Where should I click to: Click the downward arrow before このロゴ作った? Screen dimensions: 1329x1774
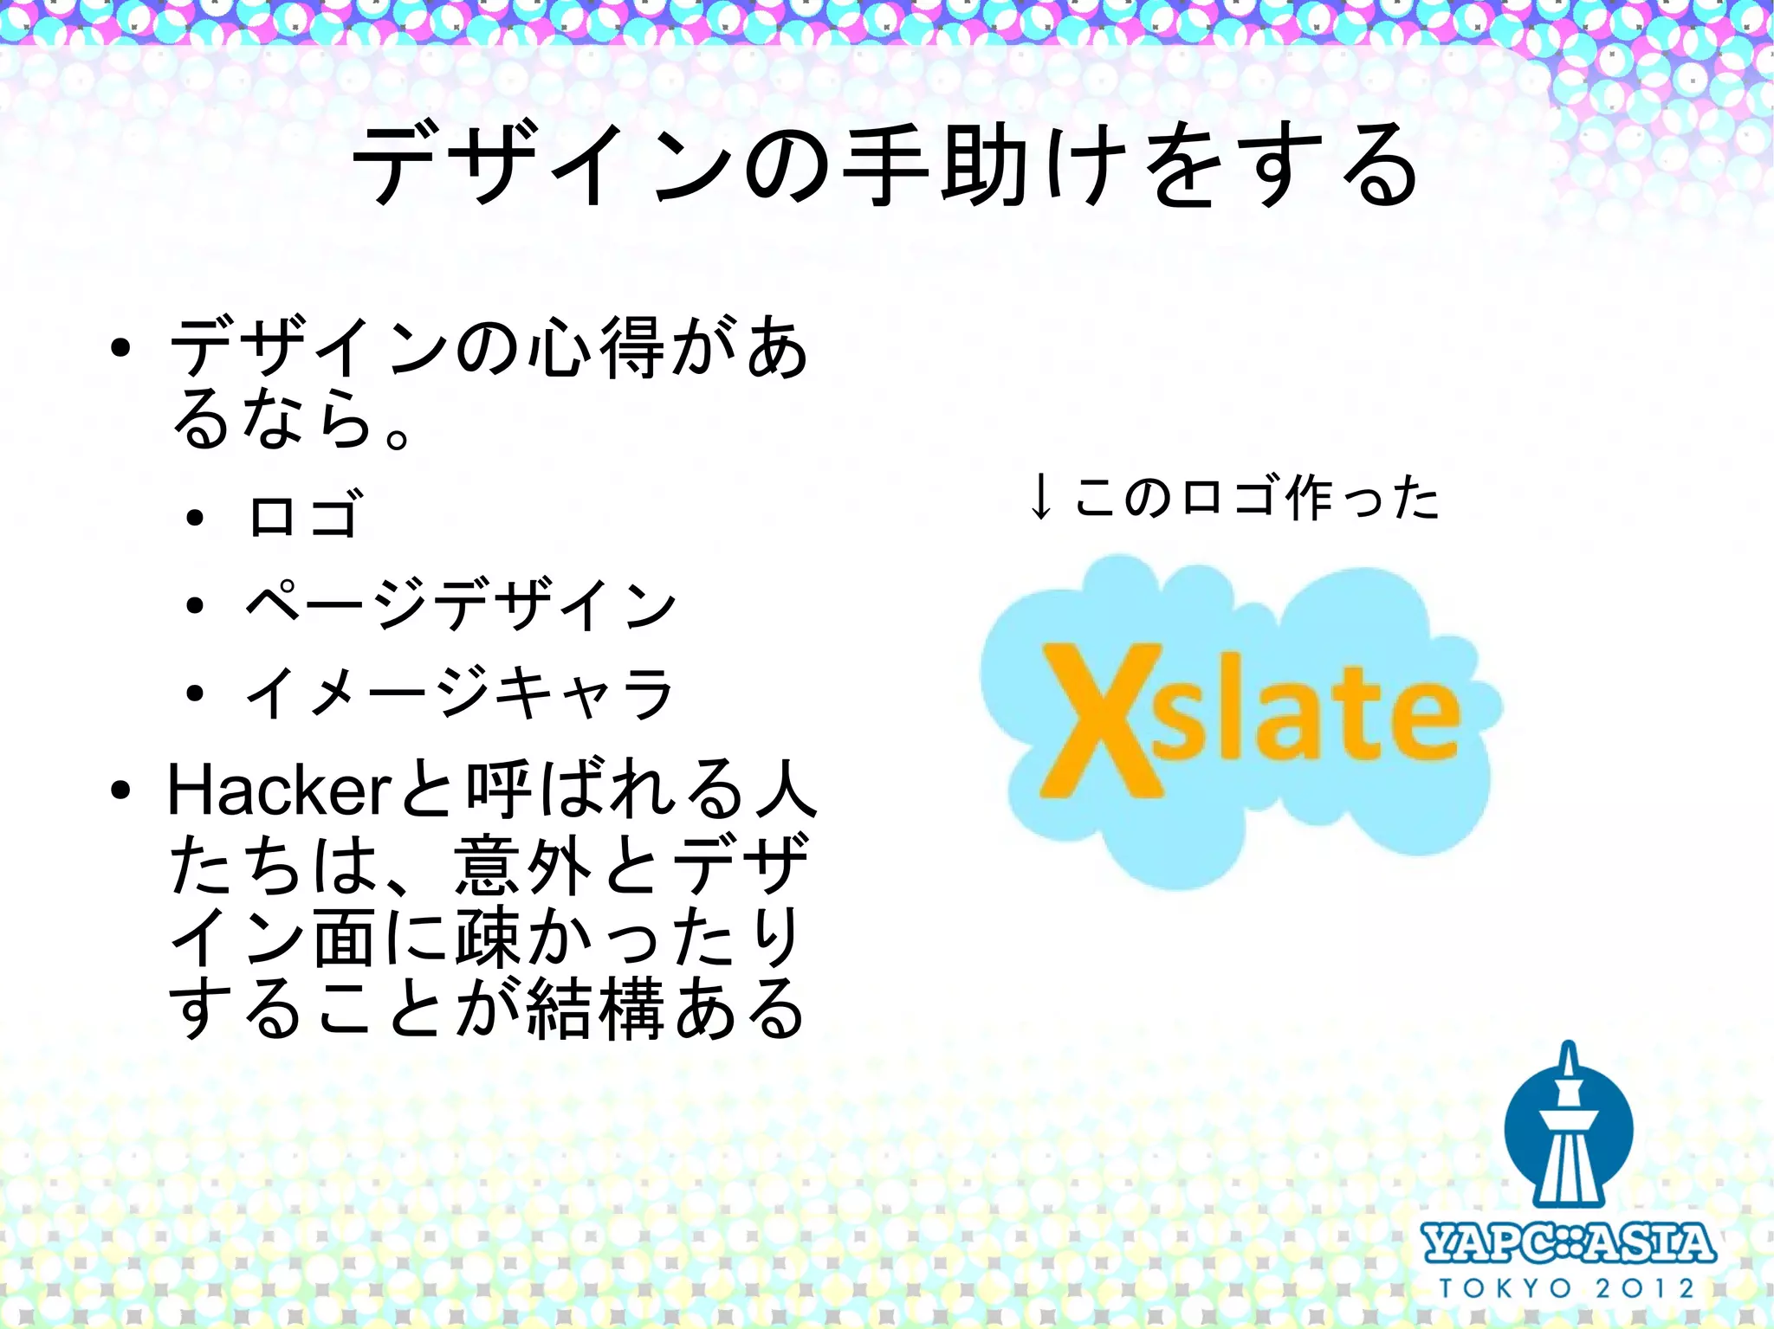pyautogui.click(x=1040, y=497)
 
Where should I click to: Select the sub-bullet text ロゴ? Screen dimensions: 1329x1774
pyautogui.click(x=302, y=516)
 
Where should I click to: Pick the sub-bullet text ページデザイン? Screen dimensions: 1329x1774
pyautogui.click(x=460, y=604)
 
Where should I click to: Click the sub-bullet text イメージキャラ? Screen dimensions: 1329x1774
pyautogui.click(x=458, y=693)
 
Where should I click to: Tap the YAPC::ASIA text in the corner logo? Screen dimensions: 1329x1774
pyautogui.click(x=1568, y=1243)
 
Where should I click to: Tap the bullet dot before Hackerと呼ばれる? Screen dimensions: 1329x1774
pyautogui.click(x=120, y=790)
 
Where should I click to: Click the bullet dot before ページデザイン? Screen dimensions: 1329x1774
pyautogui.click(x=195, y=604)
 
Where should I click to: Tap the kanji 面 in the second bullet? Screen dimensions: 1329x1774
pyautogui.click(x=344, y=938)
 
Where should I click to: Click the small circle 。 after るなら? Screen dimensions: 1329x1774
pyautogui.click(x=398, y=437)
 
